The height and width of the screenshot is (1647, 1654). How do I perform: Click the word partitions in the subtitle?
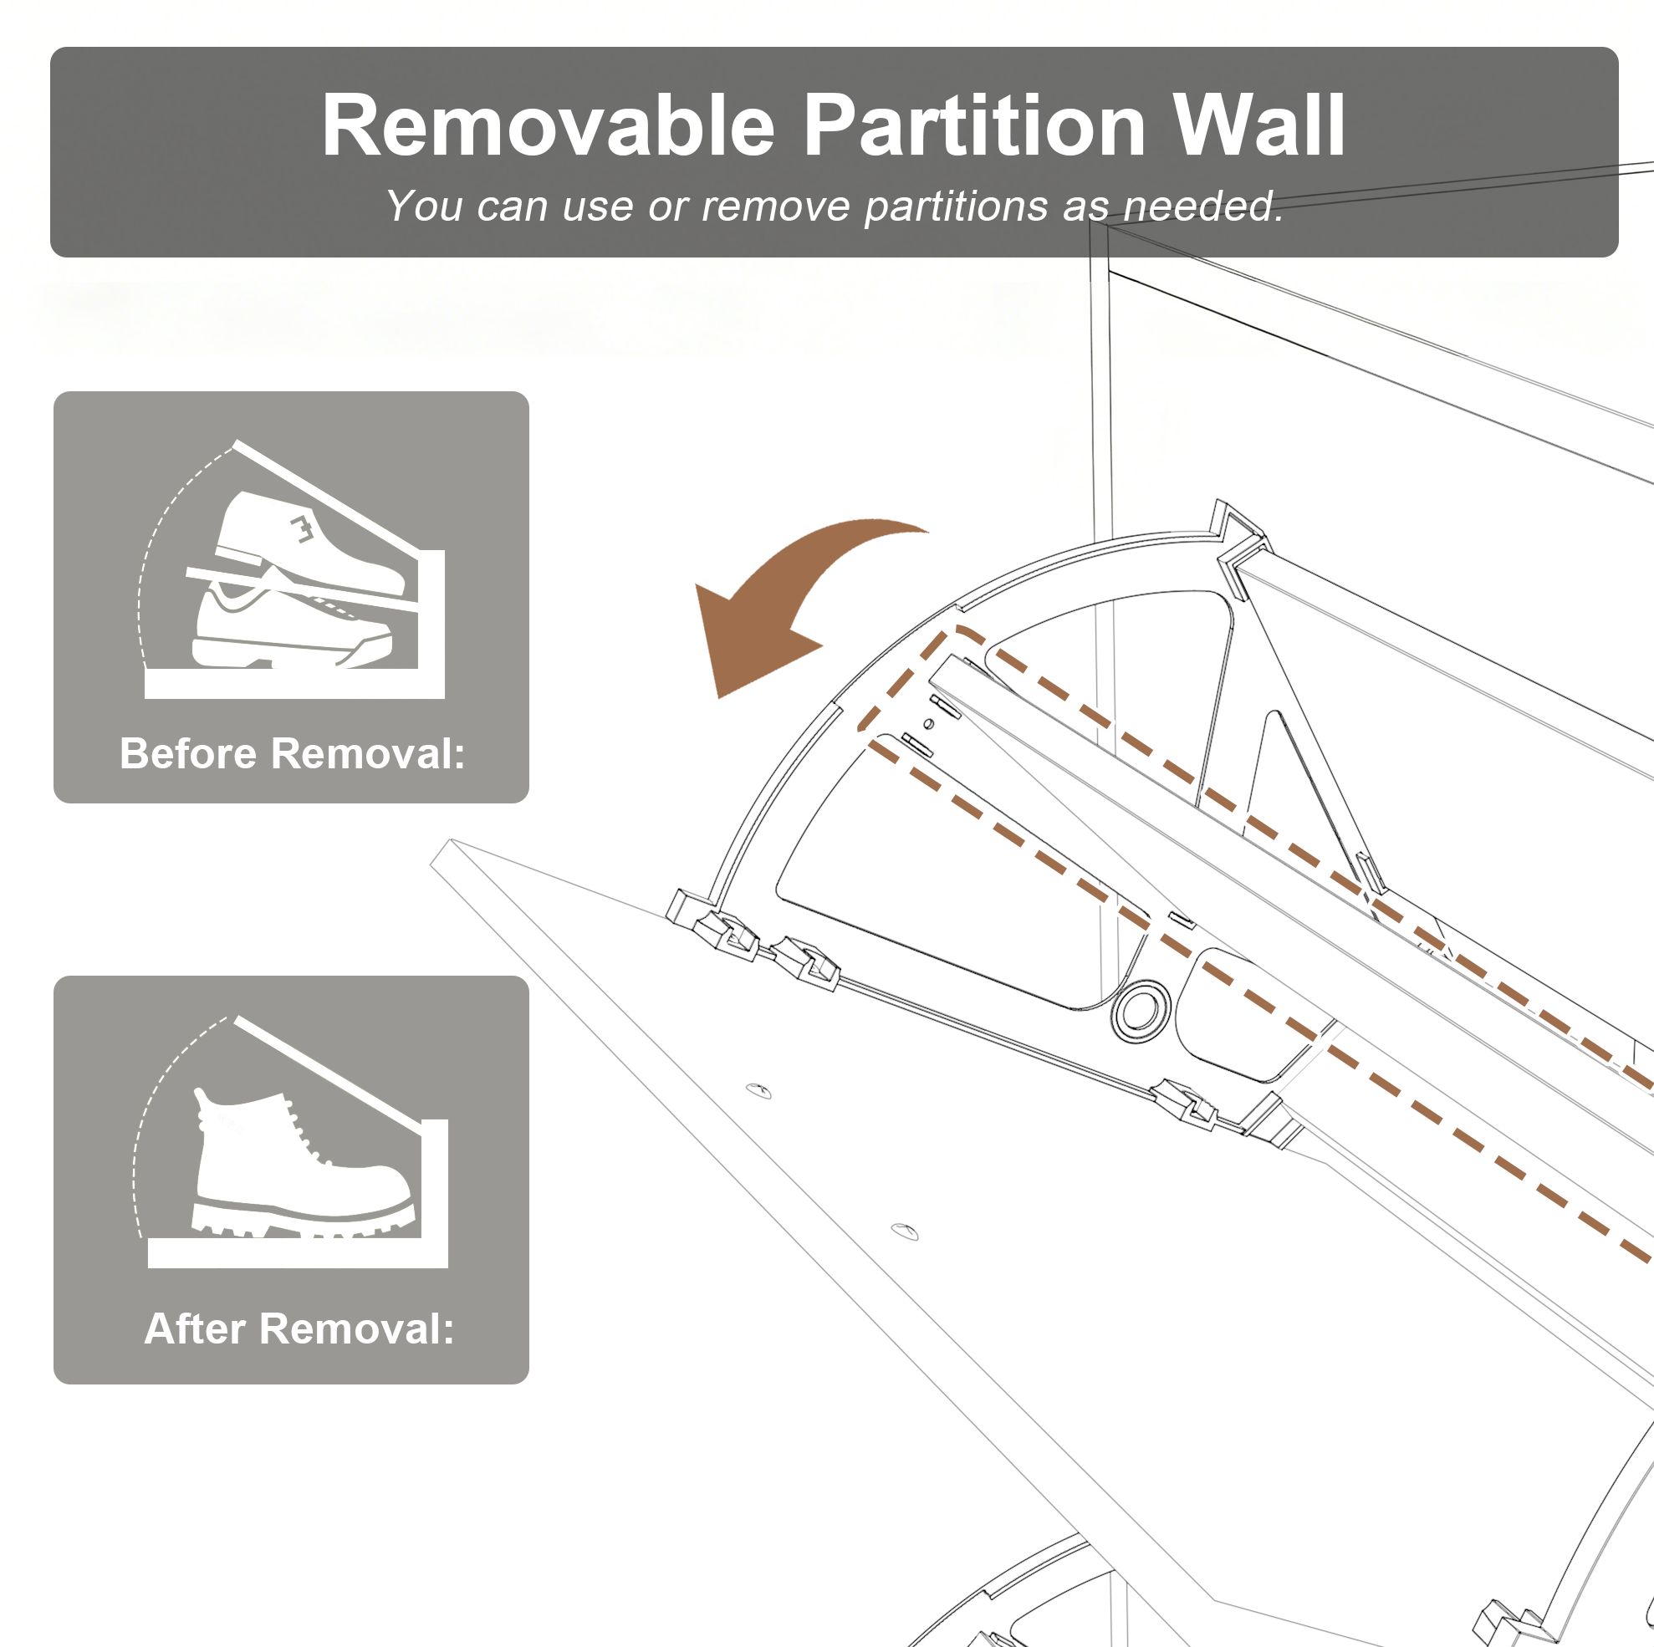[956, 207]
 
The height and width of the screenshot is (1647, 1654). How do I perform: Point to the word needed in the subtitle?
[1202, 206]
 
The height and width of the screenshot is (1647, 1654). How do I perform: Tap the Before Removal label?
[292, 754]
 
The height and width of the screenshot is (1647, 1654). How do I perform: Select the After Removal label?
[299, 1329]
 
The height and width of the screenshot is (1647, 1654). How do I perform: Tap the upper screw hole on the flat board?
[758, 1090]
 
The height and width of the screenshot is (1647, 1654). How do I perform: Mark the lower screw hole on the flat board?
[905, 1231]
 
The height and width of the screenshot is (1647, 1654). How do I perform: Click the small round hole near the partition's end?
[929, 724]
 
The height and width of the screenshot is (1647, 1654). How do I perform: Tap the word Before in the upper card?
[188, 754]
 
